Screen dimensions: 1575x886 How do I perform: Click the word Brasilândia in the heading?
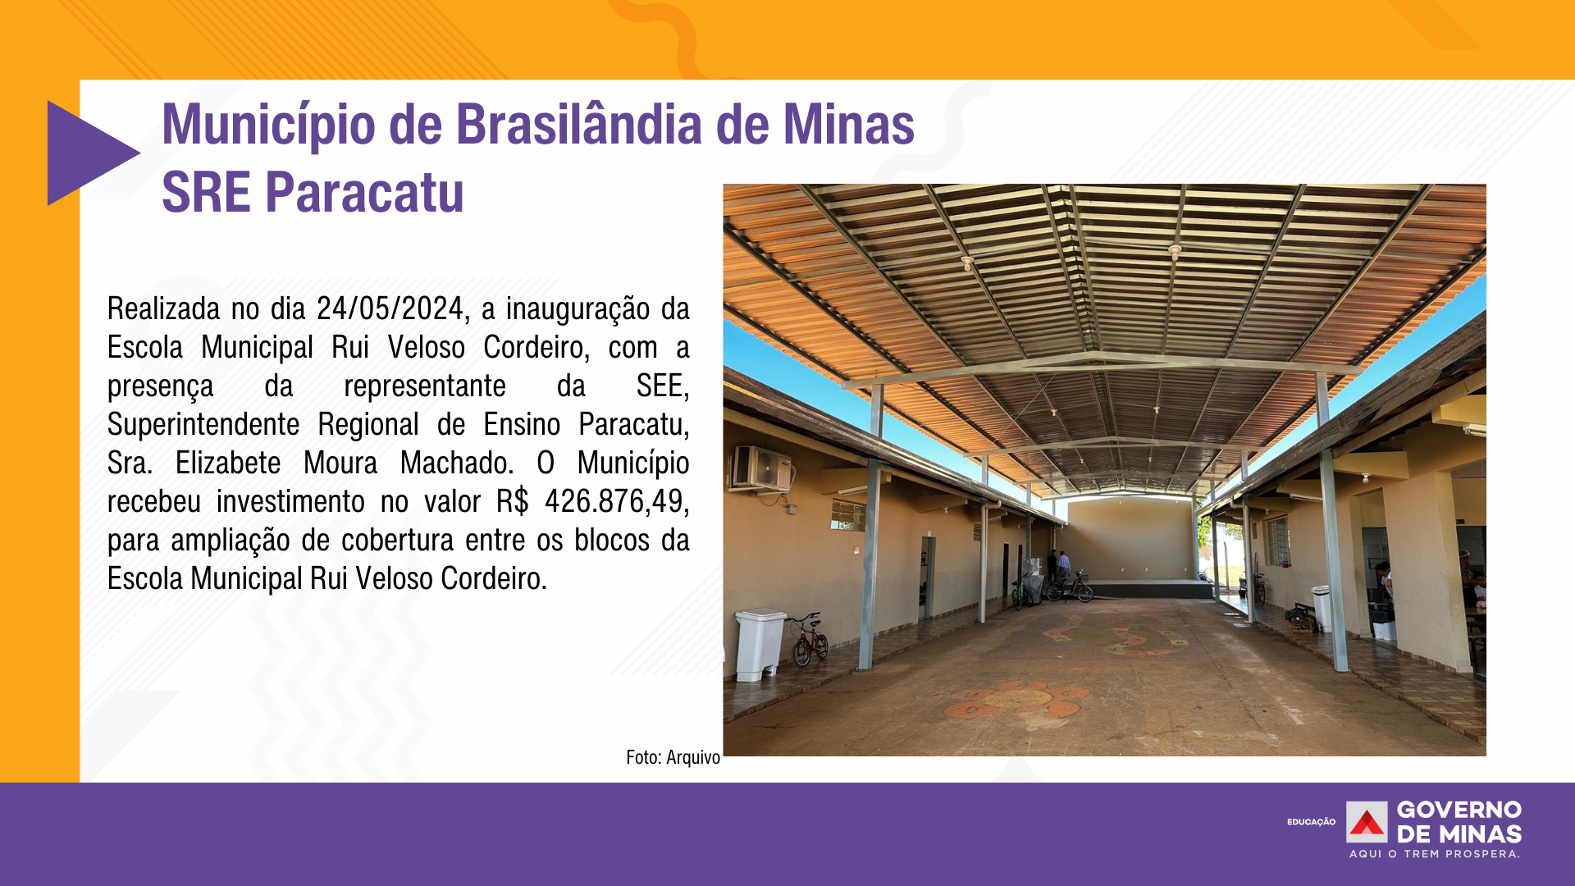tap(579, 125)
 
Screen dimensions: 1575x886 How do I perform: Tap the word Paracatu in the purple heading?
tap(364, 193)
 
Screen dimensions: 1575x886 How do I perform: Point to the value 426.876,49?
tap(616, 501)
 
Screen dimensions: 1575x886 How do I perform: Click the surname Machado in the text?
tap(457, 463)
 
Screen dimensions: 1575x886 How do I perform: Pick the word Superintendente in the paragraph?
tap(203, 425)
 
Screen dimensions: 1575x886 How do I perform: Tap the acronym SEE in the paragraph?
tap(662, 386)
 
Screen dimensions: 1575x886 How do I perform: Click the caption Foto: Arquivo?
tap(673, 757)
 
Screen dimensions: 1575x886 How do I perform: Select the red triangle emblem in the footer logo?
tap(1367, 822)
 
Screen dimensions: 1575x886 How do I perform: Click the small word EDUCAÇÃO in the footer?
tap(1311, 822)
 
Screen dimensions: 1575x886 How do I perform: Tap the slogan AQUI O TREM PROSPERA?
tap(1435, 854)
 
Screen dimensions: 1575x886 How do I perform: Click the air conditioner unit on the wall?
tap(762, 468)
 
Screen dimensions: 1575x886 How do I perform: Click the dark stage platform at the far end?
tap(1149, 588)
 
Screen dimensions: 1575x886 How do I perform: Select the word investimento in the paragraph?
tap(290, 501)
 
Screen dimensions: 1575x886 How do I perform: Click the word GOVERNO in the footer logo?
tap(1459, 810)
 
